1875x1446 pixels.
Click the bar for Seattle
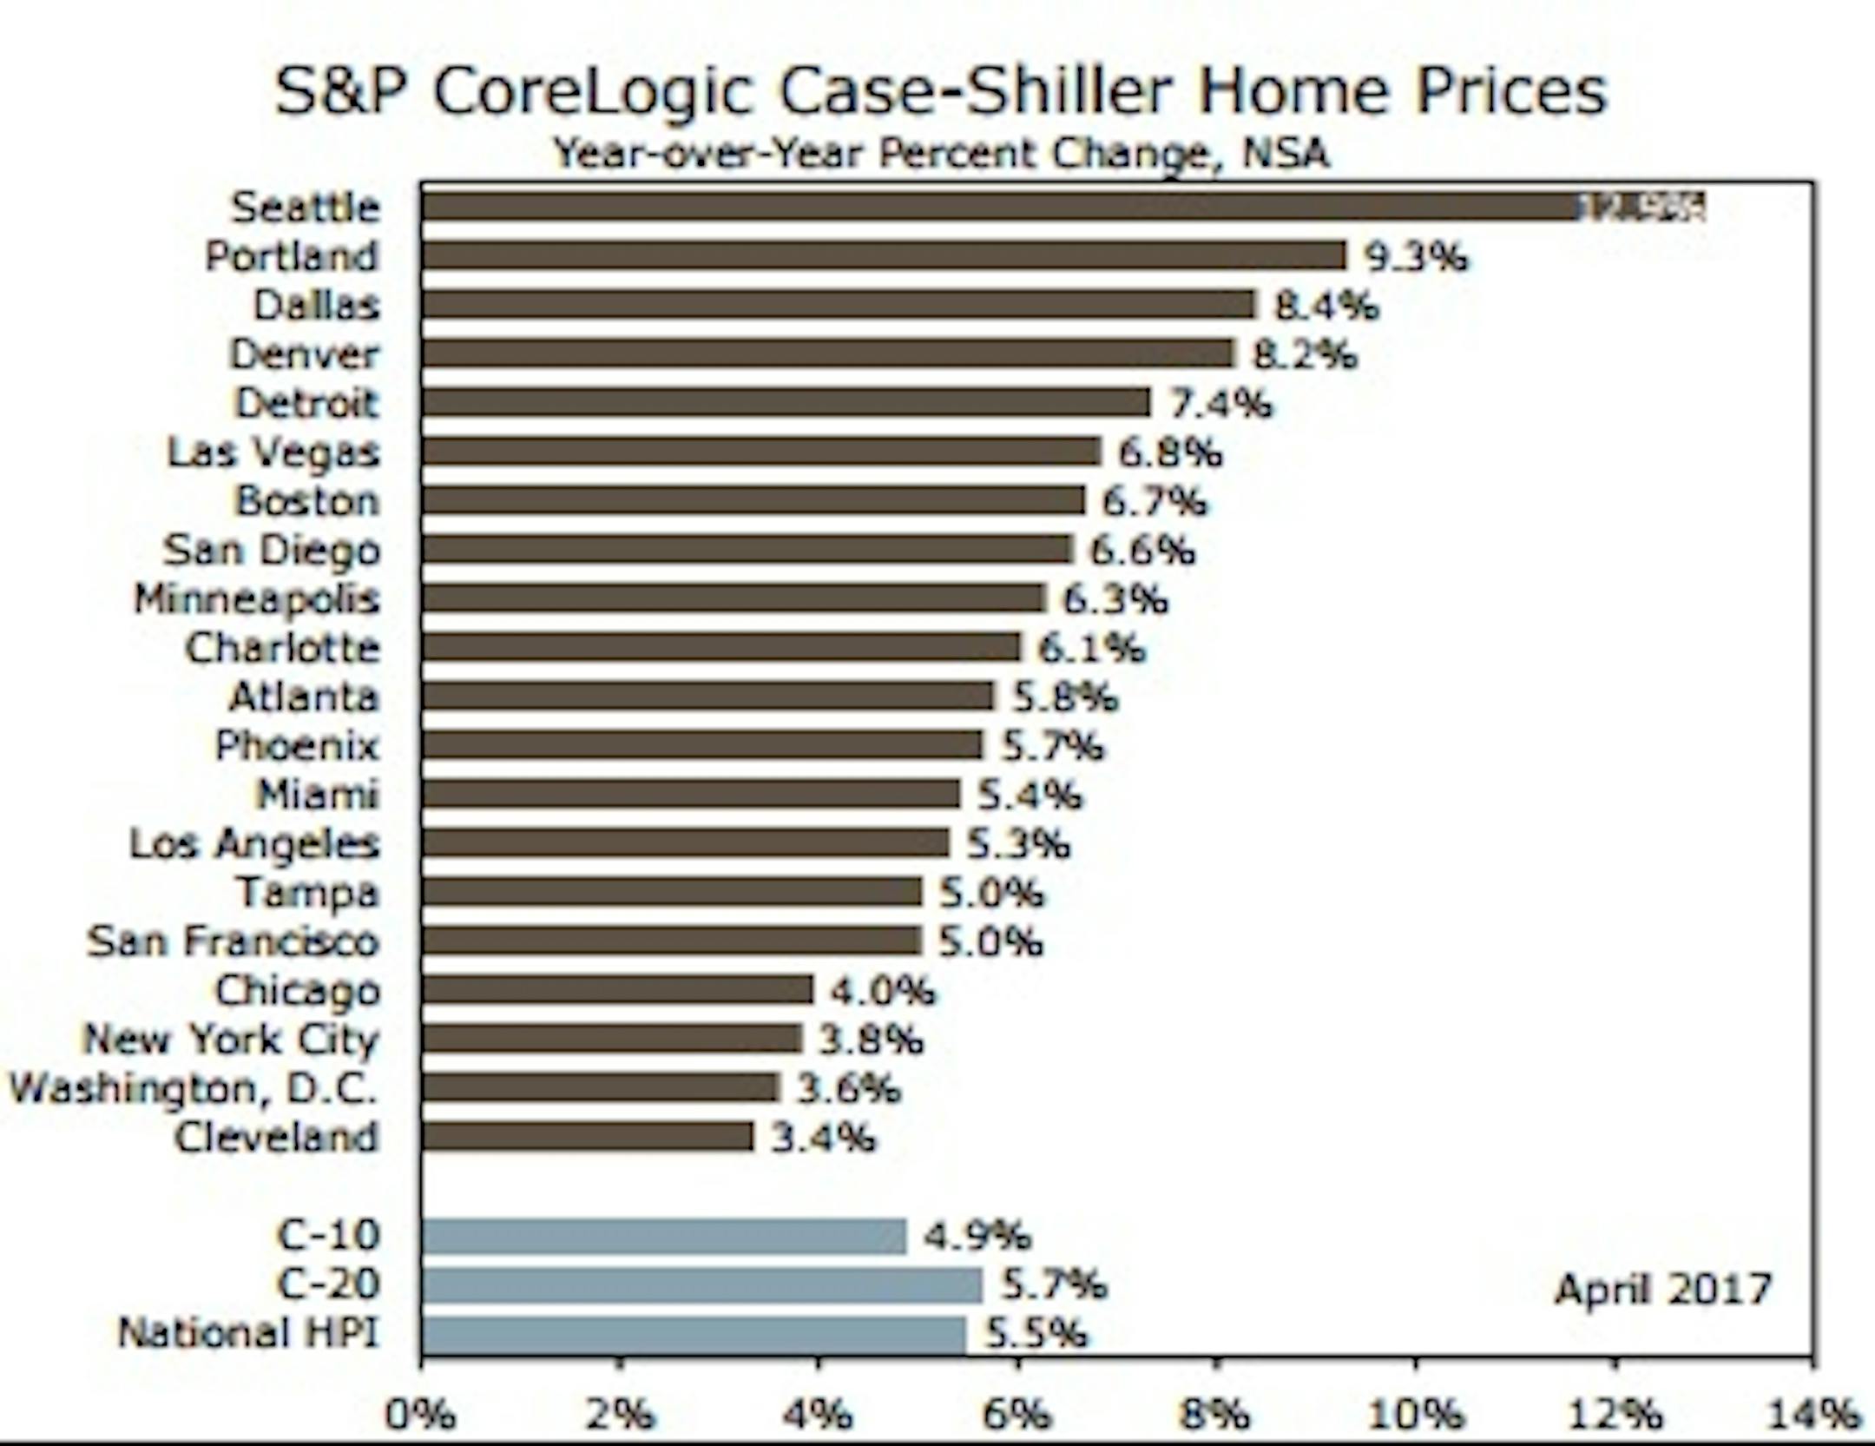tap(998, 207)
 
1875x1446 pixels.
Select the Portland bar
tap(883, 256)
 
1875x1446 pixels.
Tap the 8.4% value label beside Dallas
tap(1326, 306)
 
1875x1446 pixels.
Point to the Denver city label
tap(305, 354)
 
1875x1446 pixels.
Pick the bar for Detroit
tap(786, 403)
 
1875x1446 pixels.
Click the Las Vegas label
tap(274, 452)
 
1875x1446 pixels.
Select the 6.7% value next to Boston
tap(1154, 502)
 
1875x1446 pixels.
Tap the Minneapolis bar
tap(734, 599)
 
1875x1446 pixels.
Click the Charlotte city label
tap(283, 649)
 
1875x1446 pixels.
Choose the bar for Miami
tap(691, 795)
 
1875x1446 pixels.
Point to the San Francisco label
tap(234, 941)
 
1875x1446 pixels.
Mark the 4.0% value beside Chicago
tap(883, 990)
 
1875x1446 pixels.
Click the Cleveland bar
tap(588, 1137)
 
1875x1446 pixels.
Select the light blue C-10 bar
tap(664, 1236)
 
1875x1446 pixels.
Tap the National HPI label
tap(249, 1333)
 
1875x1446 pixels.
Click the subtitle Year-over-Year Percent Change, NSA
tap(942, 155)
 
